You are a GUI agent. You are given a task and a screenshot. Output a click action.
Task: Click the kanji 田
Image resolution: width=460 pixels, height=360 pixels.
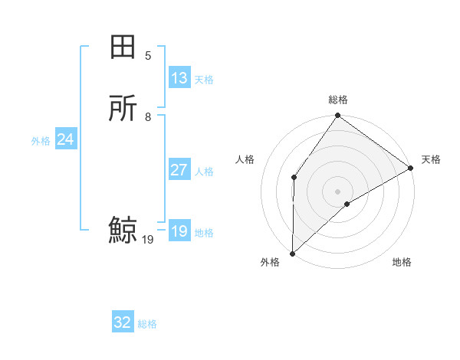pyautogui.click(x=123, y=48)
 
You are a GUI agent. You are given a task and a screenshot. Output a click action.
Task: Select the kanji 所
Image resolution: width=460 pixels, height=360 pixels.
pyautogui.click(x=123, y=108)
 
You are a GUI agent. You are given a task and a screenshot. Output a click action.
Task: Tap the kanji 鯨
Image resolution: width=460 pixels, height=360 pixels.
pyautogui.click(x=123, y=230)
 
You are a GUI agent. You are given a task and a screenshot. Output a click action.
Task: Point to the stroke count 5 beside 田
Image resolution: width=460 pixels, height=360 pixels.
pyautogui.click(x=148, y=56)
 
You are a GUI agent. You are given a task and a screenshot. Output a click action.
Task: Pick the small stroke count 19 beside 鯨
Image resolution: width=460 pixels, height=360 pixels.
pyautogui.click(x=148, y=240)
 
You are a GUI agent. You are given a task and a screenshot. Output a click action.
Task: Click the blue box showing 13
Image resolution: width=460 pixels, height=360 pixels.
pyautogui.click(x=179, y=78)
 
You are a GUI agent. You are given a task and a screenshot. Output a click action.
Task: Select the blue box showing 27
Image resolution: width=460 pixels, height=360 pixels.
pyautogui.click(x=179, y=170)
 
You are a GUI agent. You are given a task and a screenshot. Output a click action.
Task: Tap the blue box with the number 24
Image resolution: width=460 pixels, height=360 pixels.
pyautogui.click(x=66, y=139)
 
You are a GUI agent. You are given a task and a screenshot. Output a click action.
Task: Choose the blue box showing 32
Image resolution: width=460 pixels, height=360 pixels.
pyautogui.click(x=123, y=322)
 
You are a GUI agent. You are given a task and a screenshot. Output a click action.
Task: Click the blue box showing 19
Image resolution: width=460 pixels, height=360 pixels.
pyautogui.click(x=179, y=231)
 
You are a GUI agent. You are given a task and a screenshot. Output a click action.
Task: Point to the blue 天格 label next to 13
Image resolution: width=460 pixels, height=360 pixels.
pyautogui.click(x=204, y=80)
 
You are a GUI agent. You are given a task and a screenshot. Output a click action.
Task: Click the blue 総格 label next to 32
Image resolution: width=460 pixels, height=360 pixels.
pyautogui.click(x=147, y=324)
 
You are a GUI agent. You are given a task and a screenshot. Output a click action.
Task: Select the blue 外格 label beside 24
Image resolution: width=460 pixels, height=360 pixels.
pyautogui.click(x=41, y=141)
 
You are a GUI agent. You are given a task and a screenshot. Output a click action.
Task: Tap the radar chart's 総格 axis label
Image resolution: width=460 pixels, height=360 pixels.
pyautogui.click(x=338, y=100)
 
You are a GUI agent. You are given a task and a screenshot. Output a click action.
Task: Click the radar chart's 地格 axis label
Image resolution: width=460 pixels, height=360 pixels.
pyautogui.click(x=402, y=263)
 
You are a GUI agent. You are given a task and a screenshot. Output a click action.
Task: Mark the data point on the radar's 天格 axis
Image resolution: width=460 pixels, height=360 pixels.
pyautogui.click(x=411, y=169)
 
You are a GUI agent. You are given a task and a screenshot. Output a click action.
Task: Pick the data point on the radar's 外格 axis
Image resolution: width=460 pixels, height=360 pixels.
pyautogui.click(x=292, y=253)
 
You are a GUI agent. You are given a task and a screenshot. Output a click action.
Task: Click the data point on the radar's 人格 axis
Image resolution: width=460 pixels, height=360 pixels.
pyautogui.click(x=294, y=177)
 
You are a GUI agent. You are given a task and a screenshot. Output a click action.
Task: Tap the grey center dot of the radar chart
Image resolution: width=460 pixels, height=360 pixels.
pyautogui.click(x=337, y=191)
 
